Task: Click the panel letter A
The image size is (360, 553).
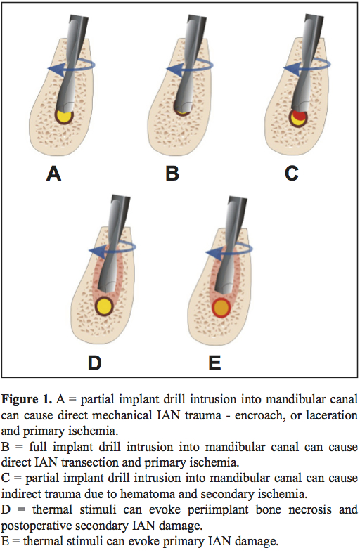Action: (53, 173)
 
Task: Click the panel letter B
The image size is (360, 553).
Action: (172, 173)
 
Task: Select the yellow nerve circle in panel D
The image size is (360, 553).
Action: (105, 307)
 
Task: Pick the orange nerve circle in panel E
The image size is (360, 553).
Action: (221, 308)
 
